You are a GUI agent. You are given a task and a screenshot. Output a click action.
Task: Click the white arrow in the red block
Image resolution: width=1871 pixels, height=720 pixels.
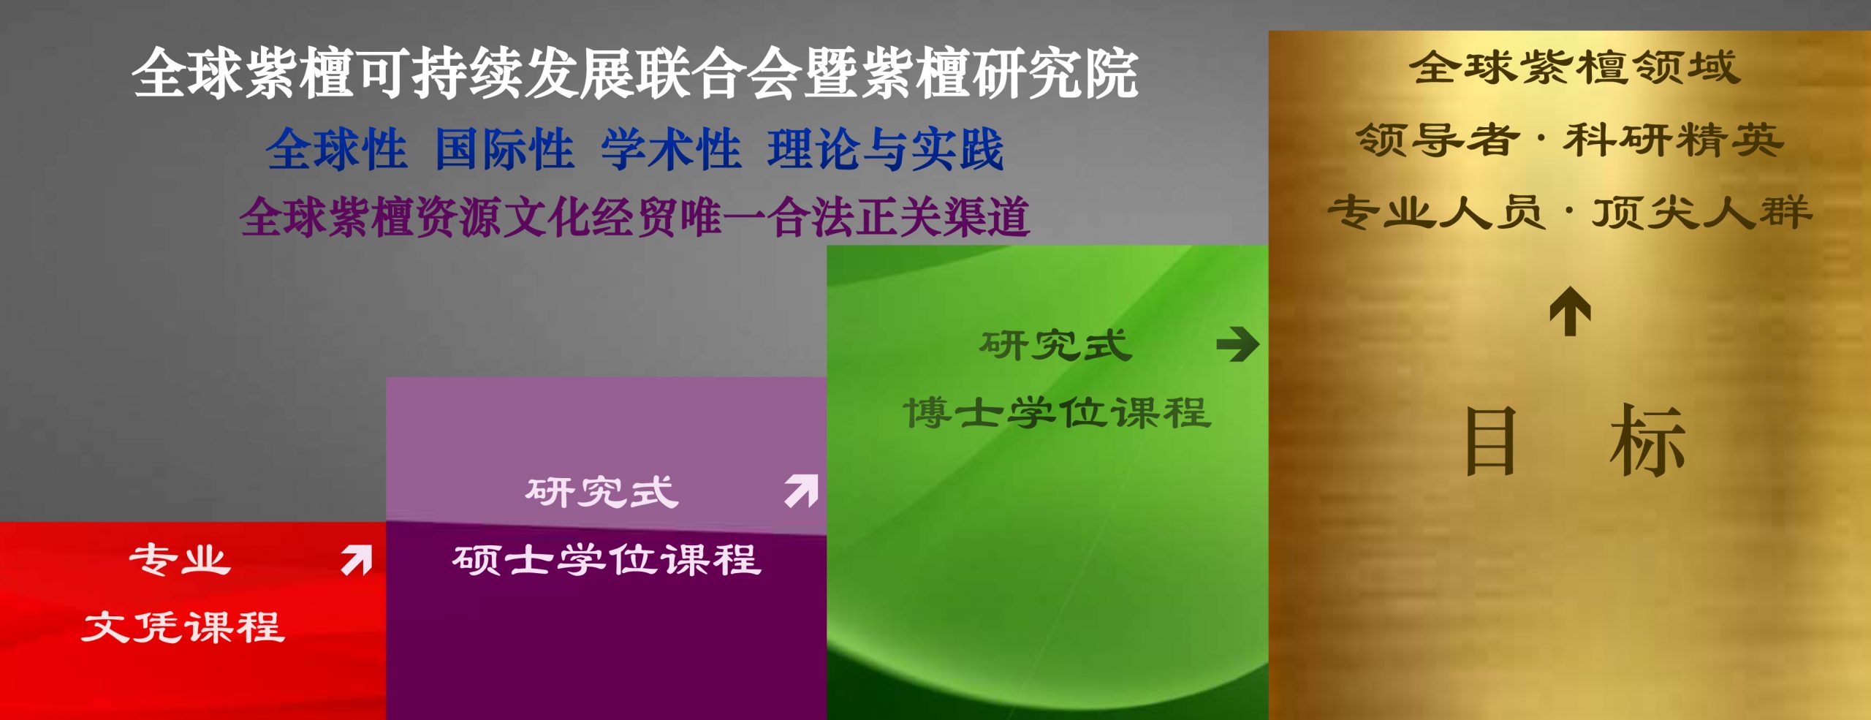point(357,560)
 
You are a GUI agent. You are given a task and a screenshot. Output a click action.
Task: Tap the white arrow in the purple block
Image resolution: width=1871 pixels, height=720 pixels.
point(802,491)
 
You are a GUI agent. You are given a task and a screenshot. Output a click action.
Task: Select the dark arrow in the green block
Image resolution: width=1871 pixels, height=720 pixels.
point(1237,344)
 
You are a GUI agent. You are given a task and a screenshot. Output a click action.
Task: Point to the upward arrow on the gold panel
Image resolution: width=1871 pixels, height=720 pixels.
point(1570,311)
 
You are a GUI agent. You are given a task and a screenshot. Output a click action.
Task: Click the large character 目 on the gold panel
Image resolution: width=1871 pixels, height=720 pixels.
point(1491,440)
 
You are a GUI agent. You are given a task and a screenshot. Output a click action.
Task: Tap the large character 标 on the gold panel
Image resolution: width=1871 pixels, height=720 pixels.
point(1647,440)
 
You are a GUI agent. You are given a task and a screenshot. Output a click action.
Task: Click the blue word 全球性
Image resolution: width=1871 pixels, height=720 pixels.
point(336,149)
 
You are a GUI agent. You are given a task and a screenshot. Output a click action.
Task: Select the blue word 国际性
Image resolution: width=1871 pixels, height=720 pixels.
point(504,149)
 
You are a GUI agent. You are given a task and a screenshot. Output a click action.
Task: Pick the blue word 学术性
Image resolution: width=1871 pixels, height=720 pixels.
point(671,149)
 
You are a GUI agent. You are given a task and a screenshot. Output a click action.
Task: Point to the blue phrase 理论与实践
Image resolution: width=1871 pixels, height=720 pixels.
point(886,149)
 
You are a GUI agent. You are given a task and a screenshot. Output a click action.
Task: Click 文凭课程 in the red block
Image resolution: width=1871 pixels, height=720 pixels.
point(183,627)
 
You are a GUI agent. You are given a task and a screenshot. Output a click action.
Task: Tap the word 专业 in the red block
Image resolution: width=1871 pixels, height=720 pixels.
point(180,560)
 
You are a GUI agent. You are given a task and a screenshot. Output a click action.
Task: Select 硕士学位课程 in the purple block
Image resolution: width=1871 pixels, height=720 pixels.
point(607,561)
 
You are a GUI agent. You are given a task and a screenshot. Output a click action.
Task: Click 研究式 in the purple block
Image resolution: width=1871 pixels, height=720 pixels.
point(601,492)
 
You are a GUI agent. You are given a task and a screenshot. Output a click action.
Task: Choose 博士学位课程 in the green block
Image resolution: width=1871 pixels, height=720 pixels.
point(1058,413)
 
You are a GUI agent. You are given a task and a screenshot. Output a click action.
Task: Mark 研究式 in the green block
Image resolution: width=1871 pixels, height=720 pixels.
point(1055,345)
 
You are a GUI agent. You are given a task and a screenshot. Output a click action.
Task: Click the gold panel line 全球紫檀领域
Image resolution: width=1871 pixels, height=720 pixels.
point(1575,67)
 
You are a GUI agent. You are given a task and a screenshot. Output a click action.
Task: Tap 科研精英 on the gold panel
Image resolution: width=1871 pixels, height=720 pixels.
point(1673,140)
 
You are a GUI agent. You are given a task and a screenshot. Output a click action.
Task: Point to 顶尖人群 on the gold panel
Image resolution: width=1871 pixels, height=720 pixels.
point(1702,212)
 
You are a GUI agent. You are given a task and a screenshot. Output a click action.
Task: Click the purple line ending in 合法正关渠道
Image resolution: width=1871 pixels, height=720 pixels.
point(634,217)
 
